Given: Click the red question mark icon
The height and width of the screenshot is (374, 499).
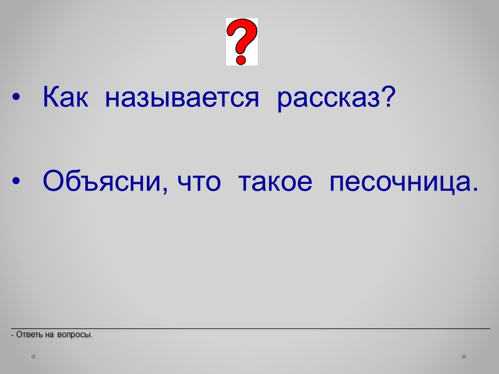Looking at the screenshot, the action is click(x=242, y=42).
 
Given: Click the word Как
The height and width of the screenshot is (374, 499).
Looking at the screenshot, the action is click(x=65, y=97).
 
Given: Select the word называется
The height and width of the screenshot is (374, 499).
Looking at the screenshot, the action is click(x=182, y=97).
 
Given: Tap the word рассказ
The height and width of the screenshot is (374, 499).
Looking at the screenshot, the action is click(x=329, y=99).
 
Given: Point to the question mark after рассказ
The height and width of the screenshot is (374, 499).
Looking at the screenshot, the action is click(x=388, y=97).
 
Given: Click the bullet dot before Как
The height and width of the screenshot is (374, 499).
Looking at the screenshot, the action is click(x=16, y=97).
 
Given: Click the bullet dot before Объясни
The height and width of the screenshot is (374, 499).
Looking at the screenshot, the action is click(x=16, y=181).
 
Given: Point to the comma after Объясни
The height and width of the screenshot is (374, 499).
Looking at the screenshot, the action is click(x=165, y=190).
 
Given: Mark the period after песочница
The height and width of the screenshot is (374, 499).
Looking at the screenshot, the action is click(x=475, y=189).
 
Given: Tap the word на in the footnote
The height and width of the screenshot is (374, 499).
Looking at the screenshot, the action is click(x=50, y=335).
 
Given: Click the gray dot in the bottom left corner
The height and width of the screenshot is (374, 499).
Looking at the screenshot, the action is click(x=33, y=357).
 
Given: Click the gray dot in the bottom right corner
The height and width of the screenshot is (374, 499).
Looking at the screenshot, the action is click(x=464, y=357).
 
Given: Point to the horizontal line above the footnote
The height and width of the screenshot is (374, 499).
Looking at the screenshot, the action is click(x=251, y=328).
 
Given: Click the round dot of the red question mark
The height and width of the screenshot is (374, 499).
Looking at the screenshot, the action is click(x=241, y=59).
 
